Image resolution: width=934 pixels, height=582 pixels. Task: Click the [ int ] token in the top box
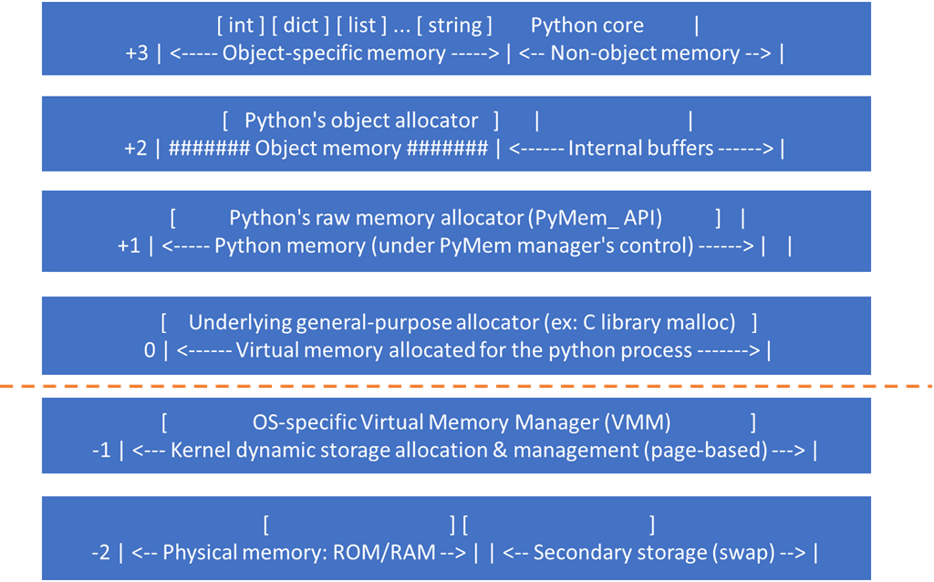tap(242, 26)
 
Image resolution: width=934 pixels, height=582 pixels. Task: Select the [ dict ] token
tap(296, 26)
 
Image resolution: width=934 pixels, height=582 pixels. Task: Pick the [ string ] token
tap(453, 26)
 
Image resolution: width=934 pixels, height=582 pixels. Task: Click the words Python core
tap(586, 26)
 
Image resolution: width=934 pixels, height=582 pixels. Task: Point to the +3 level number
tap(137, 53)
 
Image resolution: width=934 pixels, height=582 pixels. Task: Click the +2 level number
tap(136, 148)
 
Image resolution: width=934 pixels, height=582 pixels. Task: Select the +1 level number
tap(129, 244)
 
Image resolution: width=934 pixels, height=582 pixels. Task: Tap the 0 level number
tap(150, 350)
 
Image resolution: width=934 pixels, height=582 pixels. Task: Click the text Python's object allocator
tap(361, 120)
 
